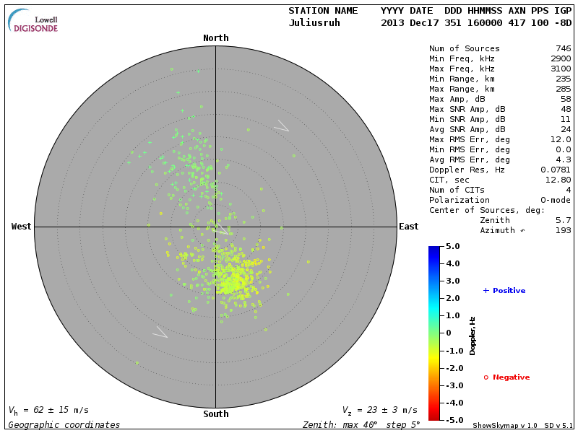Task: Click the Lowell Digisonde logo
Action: point(33,21)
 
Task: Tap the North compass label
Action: point(215,38)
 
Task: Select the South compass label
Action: point(215,414)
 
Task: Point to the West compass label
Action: point(22,227)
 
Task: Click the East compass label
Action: point(409,227)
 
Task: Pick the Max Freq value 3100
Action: point(560,69)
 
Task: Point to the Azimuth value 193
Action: point(563,230)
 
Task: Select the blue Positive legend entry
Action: point(504,291)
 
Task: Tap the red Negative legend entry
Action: point(506,377)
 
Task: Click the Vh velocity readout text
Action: point(48,410)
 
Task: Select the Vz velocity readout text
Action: point(379,410)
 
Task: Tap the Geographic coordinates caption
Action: point(64,425)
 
